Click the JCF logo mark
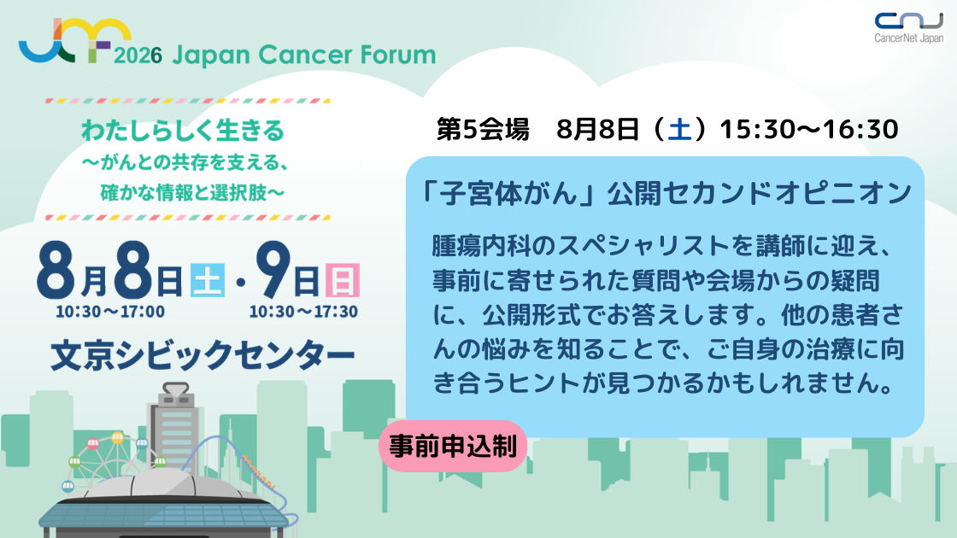pos(75,40)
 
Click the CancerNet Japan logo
pos(909,28)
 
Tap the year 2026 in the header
pos(138,56)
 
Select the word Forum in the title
pos(398,55)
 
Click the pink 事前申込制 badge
pos(452,446)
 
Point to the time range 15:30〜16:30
pos(808,129)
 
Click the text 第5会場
pos(483,129)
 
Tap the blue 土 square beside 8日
pos(208,281)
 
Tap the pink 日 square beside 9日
pos(343,281)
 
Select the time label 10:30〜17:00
pos(110,312)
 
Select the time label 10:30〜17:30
pos(303,312)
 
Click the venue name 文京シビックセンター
pos(203,355)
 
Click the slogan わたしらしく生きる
pos(183,131)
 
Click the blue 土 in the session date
pos(680,129)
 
